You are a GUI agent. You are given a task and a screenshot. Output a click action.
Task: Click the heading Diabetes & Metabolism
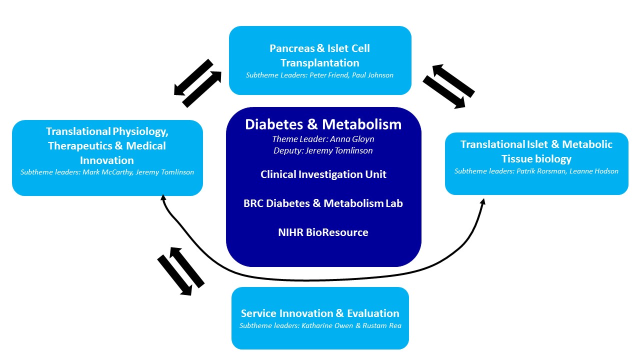[323, 124]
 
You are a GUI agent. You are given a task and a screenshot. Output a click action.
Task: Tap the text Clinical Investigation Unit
[323, 174]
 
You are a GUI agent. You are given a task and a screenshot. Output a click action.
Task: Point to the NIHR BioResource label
[323, 232]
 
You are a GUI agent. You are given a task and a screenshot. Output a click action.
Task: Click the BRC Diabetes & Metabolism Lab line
[323, 203]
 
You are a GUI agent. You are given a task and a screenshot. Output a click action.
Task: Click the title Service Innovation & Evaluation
[320, 313]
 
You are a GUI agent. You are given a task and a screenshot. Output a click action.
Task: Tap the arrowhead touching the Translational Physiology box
[162, 199]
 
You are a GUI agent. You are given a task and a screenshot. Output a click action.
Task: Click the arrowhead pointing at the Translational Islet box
[483, 201]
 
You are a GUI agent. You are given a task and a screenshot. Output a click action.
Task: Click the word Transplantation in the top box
[320, 63]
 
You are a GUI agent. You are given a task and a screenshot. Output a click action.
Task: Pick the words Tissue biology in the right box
[536, 159]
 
